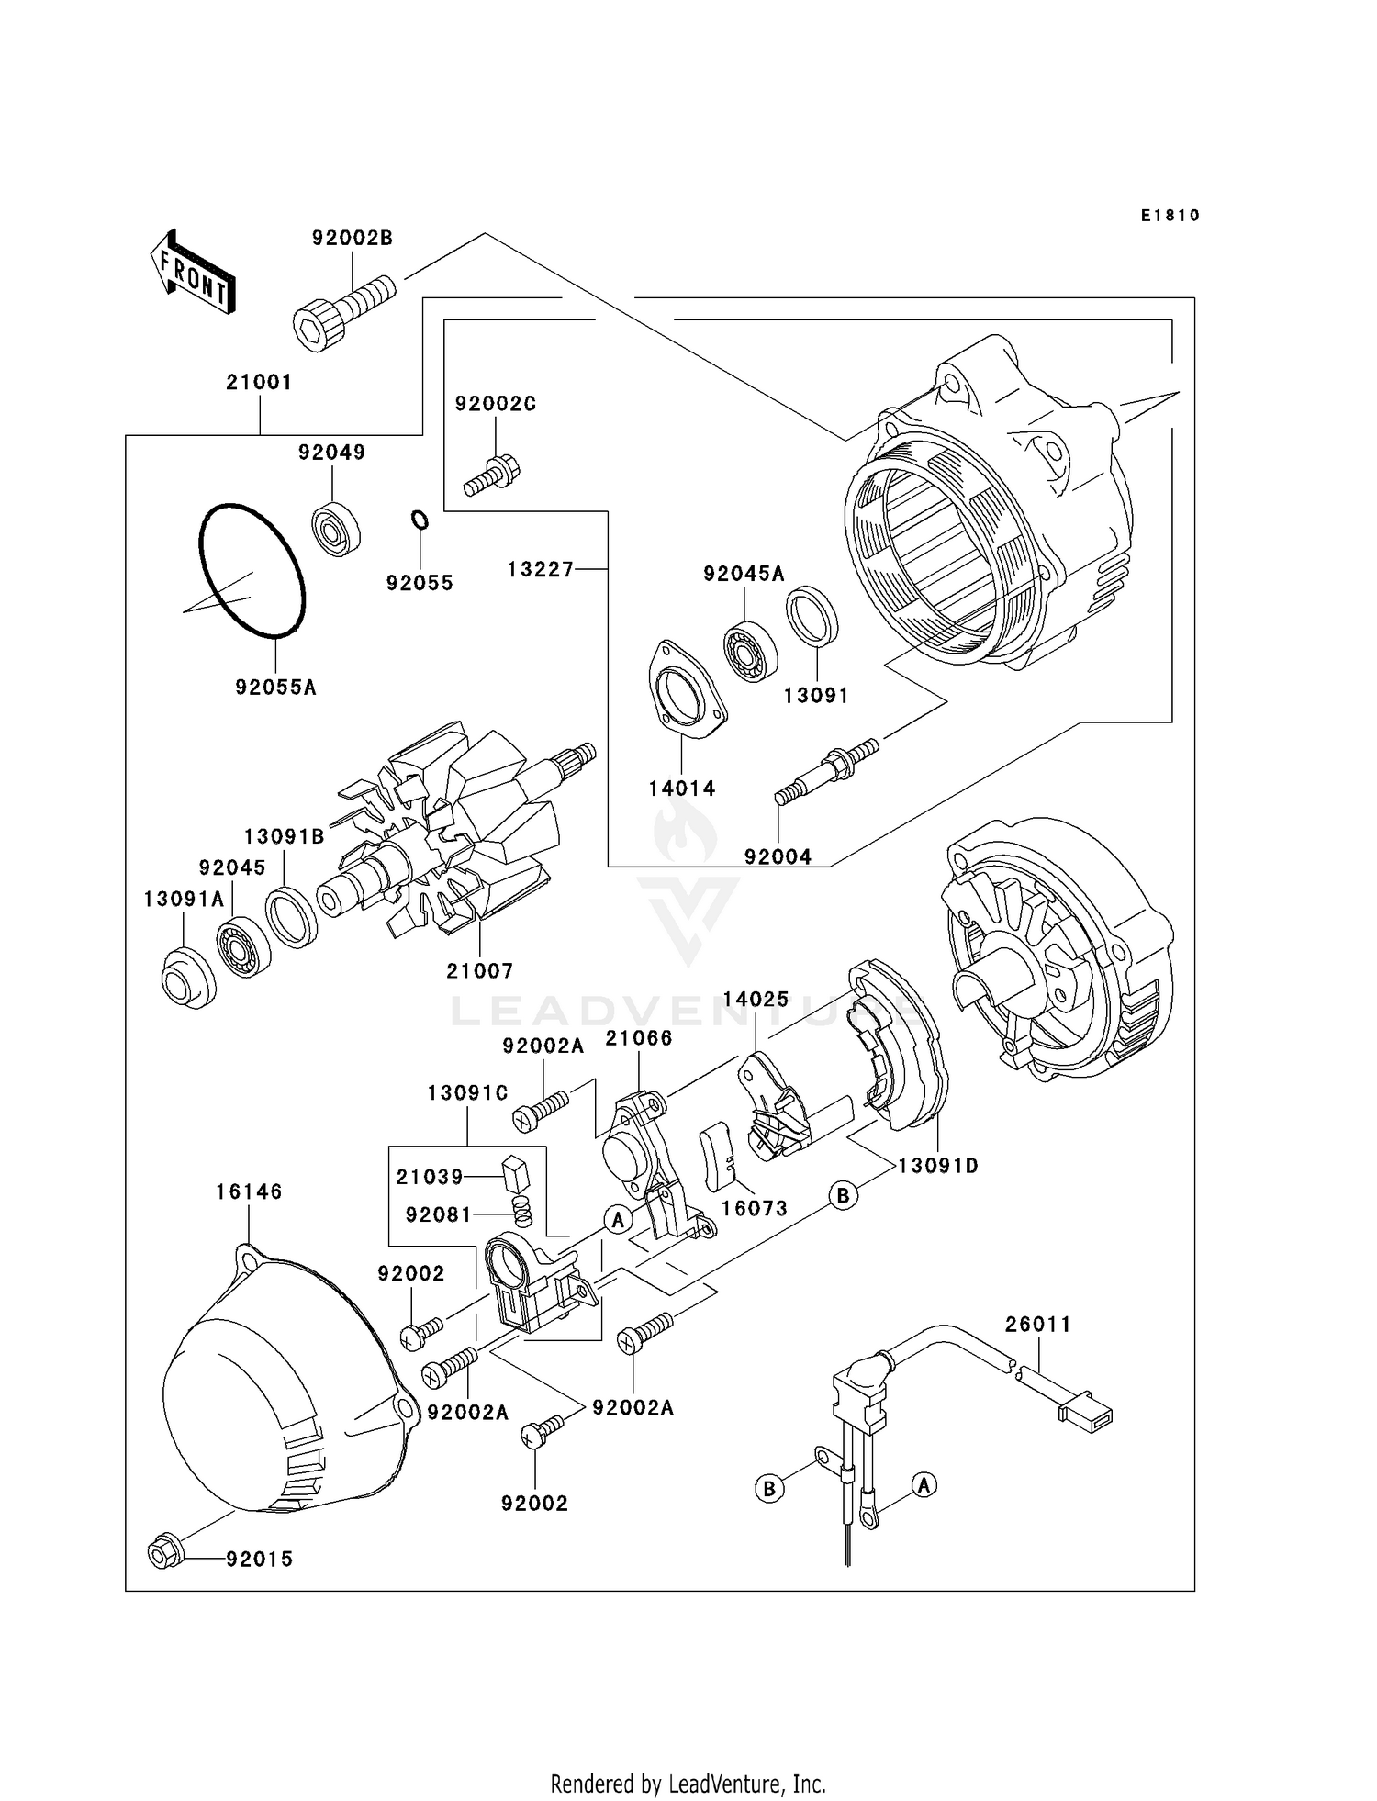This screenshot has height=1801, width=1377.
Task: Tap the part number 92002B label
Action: click(352, 239)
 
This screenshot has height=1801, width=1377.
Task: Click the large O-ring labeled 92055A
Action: click(252, 570)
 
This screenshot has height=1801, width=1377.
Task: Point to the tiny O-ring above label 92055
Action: click(419, 520)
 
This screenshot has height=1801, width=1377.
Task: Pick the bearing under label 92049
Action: click(336, 529)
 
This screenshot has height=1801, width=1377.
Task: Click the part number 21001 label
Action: click(259, 382)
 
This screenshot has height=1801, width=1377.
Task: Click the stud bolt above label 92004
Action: click(827, 769)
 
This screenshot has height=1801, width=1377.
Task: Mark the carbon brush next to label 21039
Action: click(517, 1173)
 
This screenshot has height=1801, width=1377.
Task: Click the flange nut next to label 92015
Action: click(165, 1554)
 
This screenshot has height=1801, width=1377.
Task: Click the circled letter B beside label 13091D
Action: click(843, 1195)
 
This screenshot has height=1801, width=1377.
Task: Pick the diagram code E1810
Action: click(1170, 216)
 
